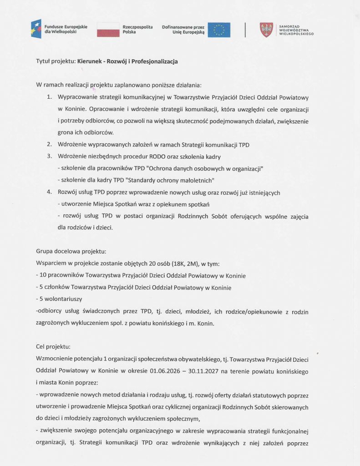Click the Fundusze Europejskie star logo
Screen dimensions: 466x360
(x=36, y=29)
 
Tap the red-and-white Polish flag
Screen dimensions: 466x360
(x=107, y=30)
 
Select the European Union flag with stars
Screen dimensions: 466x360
(x=219, y=30)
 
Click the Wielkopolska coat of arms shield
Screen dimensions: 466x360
(x=266, y=30)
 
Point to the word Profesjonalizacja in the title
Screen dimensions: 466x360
(x=154, y=61)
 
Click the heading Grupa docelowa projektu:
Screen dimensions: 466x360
(x=71, y=251)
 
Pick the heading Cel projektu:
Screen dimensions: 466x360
(x=53, y=346)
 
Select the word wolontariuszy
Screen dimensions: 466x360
(x=61, y=299)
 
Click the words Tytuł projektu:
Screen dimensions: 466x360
(x=55, y=61)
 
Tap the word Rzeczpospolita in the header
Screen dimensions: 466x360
(x=137, y=27)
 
